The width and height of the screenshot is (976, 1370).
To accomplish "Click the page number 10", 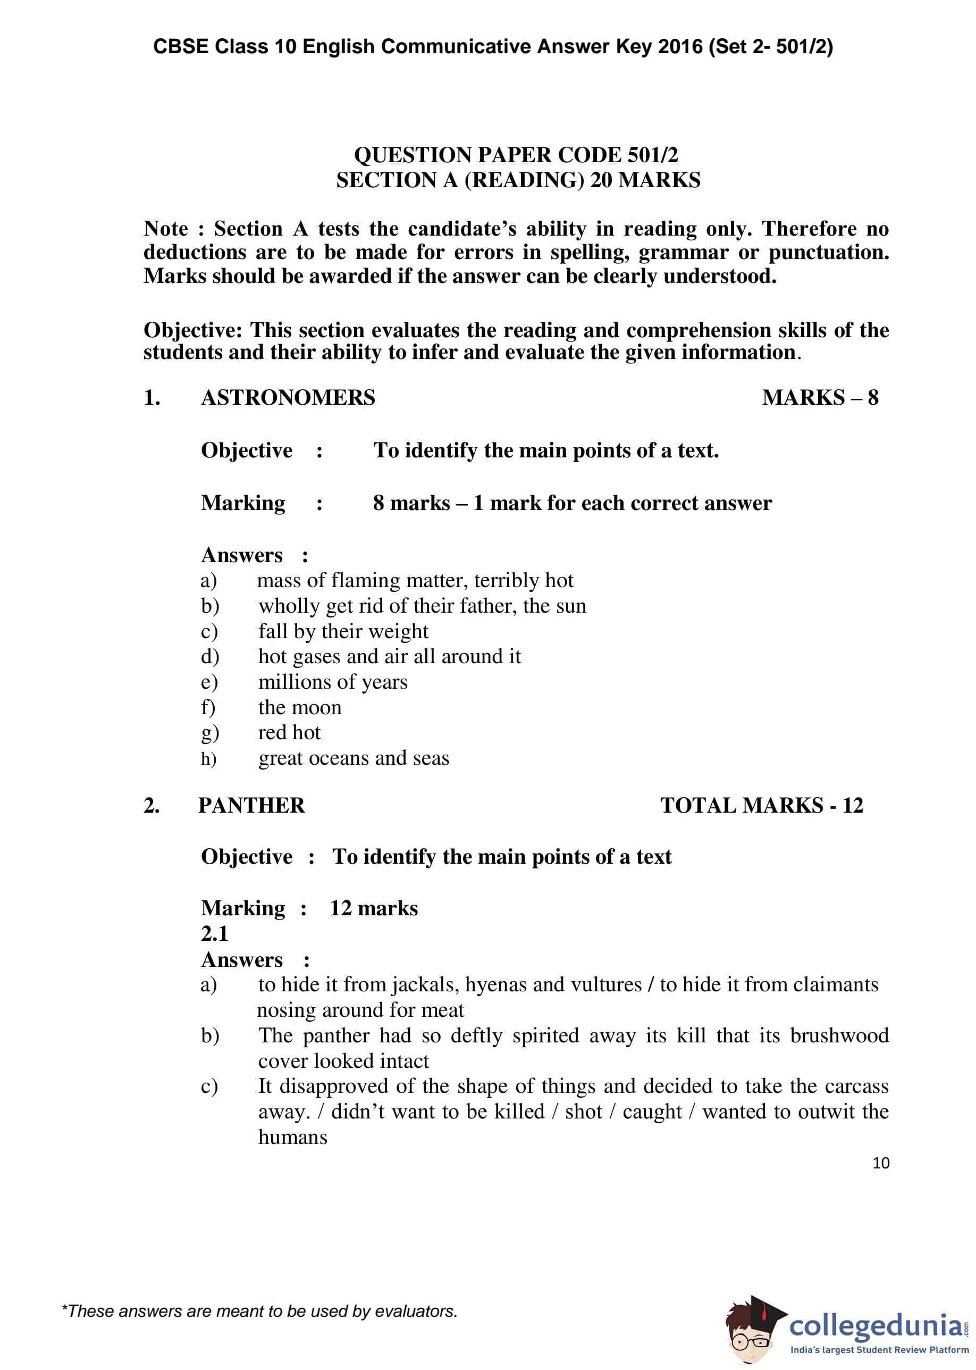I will [x=880, y=1163].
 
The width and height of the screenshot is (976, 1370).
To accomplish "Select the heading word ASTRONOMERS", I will [x=288, y=397].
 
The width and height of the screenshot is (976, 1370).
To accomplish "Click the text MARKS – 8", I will [x=820, y=397].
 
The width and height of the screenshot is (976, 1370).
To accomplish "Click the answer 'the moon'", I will [x=299, y=707].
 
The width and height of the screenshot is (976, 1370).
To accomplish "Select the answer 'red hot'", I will [x=289, y=733].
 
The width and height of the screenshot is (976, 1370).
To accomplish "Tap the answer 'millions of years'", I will [x=332, y=682].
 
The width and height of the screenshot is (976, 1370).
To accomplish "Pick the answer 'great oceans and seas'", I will [x=354, y=758].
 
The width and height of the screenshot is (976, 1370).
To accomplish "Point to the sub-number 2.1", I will [x=215, y=933].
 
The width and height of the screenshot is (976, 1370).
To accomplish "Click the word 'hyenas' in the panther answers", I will [x=496, y=984].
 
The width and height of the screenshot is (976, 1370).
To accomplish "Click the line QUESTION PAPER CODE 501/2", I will [x=516, y=155].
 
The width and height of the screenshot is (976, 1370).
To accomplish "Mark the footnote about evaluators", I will [x=259, y=1311].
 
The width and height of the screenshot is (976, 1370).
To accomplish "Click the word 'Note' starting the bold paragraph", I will [x=165, y=229].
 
